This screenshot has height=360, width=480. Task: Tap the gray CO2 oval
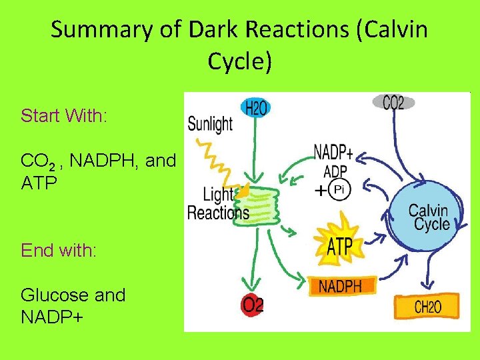coord(393,102)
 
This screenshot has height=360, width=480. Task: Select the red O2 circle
coord(253,305)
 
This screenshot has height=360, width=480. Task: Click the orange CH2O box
coord(427,307)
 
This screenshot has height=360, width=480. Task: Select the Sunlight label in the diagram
coord(210,123)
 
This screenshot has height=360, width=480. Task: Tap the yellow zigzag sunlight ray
coord(217,160)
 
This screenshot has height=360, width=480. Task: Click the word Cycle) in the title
coord(240,61)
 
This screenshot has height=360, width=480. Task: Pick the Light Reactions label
coord(217,204)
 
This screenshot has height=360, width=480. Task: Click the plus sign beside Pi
coord(321,191)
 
